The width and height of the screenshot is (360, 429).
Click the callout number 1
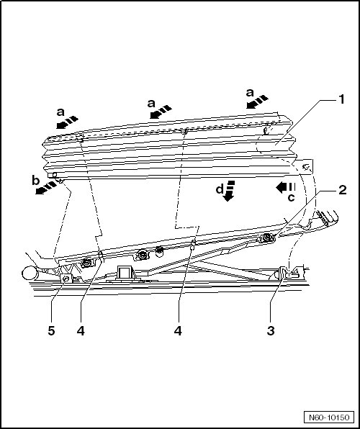click(x=341, y=99)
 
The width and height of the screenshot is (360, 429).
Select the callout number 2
click(x=343, y=189)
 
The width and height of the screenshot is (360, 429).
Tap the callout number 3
click(x=271, y=330)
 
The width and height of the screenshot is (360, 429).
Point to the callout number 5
click(x=51, y=331)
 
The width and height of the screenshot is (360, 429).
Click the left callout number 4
click(x=81, y=331)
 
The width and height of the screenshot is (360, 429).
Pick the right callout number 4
click(x=178, y=331)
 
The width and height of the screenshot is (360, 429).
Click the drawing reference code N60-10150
click(x=329, y=417)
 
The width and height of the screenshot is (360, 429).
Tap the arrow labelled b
click(x=46, y=188)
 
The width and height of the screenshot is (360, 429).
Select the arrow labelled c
click(x=286, y=187)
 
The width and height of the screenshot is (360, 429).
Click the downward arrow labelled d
click(x=229, y=191)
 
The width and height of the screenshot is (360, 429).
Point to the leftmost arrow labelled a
click(x=68, y=122)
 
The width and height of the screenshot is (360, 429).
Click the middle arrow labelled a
click(x=161, y=112)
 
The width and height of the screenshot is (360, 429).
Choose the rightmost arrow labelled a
click(x=257, y=101)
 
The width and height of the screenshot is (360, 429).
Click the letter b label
click(x=35, y=181)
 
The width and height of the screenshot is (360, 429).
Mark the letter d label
click(x=220, y=189)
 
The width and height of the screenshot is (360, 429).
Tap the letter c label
click(x=292, y=197)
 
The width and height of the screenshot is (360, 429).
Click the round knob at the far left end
click(x=29, y=274)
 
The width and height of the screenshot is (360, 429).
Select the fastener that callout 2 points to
click(x=266, y=238)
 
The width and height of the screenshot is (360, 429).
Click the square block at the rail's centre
click(x=125, y=272)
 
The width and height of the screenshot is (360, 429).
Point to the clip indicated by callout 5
click(x=66, y=279)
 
